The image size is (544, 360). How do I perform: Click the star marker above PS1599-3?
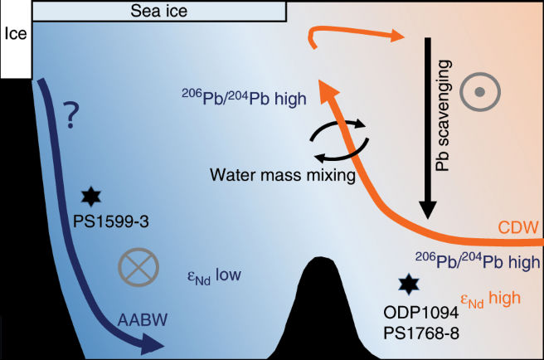(x=90, y=196)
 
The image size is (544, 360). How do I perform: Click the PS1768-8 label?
(x=414, y=333)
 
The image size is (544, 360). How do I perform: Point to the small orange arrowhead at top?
(x=396, y=36)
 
